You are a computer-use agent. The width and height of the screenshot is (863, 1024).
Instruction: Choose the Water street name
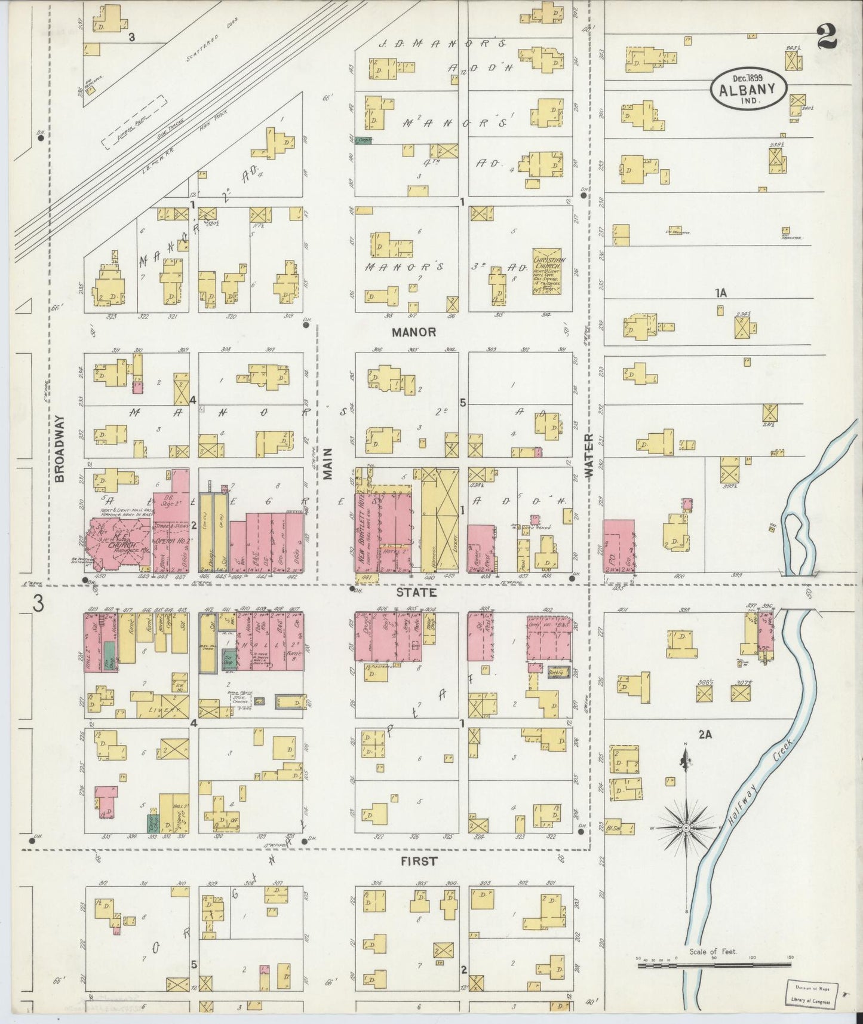click(x=589, y=455)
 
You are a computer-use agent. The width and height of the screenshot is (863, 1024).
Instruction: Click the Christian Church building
click(x=549, y=272)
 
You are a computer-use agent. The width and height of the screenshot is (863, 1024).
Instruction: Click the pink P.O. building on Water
click(x=618, y=545)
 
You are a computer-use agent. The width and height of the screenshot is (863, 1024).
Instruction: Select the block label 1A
click(x=721, y=293)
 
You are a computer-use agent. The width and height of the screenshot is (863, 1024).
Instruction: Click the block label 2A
click(x=706, y=735)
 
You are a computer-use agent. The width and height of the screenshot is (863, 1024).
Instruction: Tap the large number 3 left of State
click(x=38, y=604)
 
